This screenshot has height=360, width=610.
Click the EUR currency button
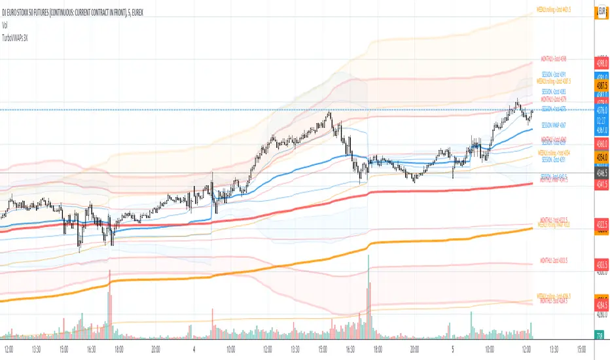coord(601,11)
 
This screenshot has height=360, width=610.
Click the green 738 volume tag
coord(601,336)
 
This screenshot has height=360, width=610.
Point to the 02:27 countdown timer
coord(601,120)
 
